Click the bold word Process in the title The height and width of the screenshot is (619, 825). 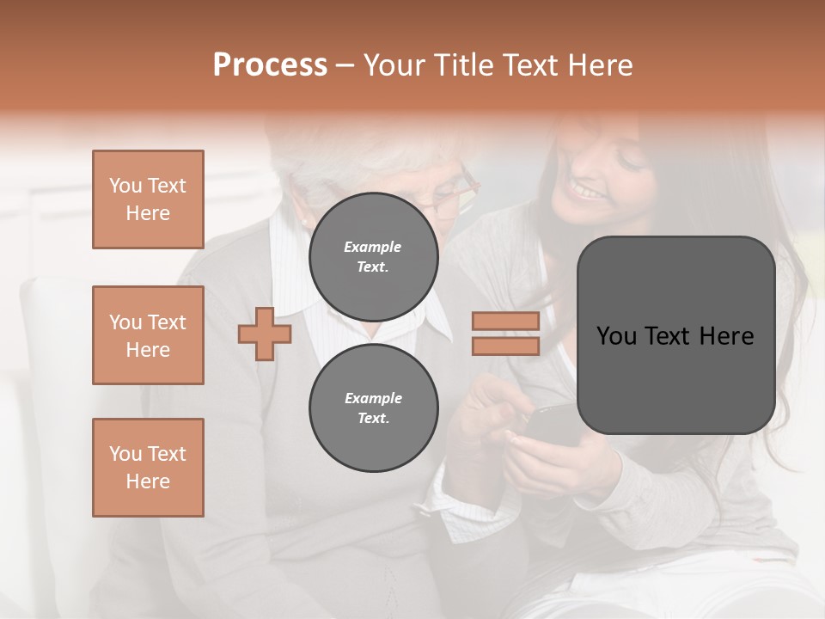click(x=270, y=65)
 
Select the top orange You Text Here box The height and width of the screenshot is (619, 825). click(x=148, y=199)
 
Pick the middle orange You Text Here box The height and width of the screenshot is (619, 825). click(x=148, y=335)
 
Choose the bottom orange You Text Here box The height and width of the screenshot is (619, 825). click(x=148, y=467)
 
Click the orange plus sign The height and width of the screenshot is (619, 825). click(x=264, y=334)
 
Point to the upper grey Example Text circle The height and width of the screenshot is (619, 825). click(x=373, y=256)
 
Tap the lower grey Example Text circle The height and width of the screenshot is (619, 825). click(x=373, y=408)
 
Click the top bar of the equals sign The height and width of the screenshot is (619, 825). click(x=505, y=322)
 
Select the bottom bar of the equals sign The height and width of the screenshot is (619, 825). click(x=505, y=346)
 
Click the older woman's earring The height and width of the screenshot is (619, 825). click(x=303, y=222)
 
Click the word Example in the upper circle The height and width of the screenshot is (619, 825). click(x=373, y=247)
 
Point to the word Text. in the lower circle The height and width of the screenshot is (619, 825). click(x=373, y=418)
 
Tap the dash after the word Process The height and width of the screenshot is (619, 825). click(x=345, y=66)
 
